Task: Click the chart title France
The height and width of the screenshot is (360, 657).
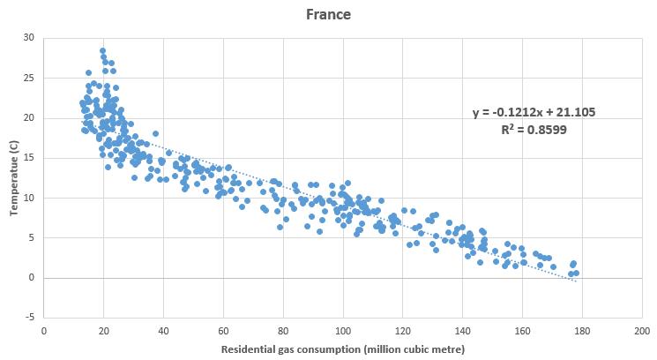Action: point(328,14)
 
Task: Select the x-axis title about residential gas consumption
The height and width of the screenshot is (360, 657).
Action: point(341,349)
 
